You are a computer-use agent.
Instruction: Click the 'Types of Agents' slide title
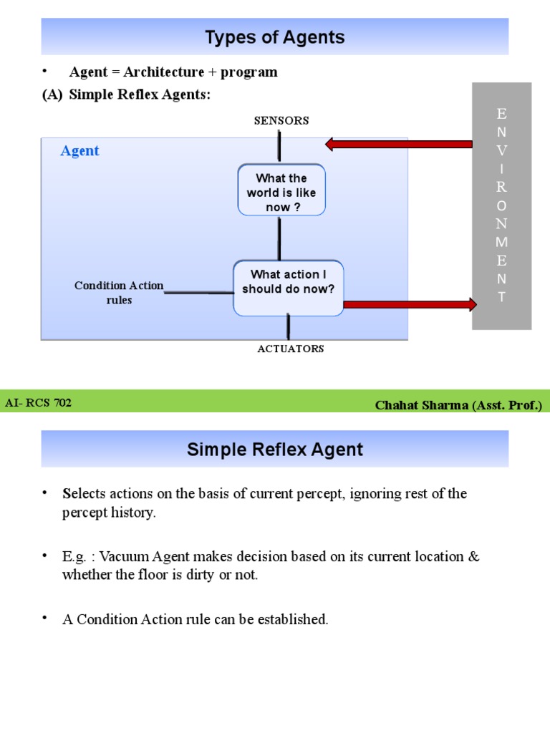[x=275, y=37]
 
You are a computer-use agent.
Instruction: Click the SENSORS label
[x=281, y=120]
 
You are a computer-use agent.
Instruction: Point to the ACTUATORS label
[x=290, y=349]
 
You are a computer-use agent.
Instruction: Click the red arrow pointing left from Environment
[x=397, y=145]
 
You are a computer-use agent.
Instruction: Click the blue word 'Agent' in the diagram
[x=79, y=151]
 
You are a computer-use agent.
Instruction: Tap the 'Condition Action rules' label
[x=119, y=293]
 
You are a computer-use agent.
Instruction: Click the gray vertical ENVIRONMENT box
[x=501, y=205]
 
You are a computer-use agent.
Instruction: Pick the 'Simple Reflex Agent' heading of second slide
[x=275, y=450]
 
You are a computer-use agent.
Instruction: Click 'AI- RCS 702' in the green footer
[x=39, y=403]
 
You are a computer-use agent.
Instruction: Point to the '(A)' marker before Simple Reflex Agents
[x=52, y=94]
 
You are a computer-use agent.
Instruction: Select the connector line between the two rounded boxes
[x=279, y=238]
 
